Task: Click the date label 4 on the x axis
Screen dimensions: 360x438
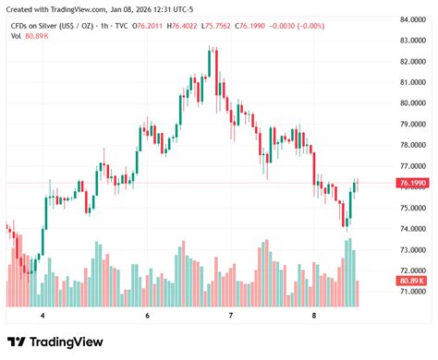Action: click(43, 315)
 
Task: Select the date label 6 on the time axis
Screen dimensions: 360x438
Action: click(148, 315)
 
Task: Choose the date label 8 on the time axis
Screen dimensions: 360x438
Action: click(314, 315)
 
